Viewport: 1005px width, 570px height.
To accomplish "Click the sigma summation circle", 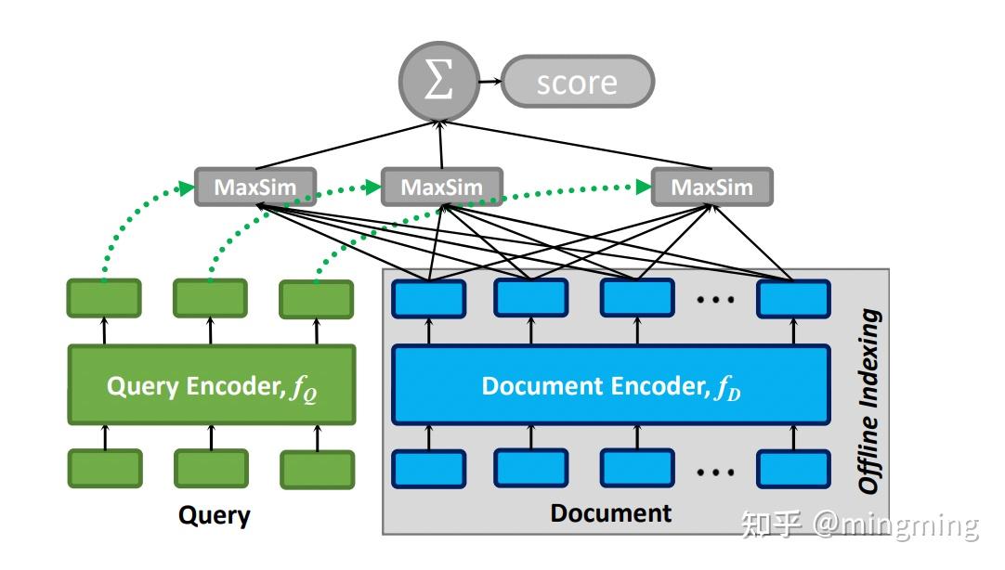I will [x=438, y=82].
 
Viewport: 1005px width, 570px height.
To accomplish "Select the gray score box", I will [x=577, y=83].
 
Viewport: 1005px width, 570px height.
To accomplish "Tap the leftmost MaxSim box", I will [x=255, y=187].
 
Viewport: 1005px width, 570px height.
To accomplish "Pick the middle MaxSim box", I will [x=441, y=187].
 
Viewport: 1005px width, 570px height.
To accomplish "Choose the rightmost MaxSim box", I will [x=711, y=187].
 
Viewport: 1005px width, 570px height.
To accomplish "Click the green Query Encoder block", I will [x=212, y=386].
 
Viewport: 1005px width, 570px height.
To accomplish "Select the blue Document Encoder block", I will [x=610, y=386].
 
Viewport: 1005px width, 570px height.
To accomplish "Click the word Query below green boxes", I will [x=215, y=515].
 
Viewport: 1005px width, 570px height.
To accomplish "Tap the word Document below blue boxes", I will [x=610, y=512].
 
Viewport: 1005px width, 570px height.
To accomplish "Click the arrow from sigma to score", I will [x=489, y=82].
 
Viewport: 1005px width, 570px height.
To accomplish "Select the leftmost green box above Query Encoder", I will [x=104, y=298].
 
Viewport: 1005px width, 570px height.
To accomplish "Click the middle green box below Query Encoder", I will [x=211, y=469].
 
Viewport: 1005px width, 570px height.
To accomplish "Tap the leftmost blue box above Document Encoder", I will [x=428, y=298].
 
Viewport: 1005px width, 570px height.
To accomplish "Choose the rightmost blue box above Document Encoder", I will [x=792, y=298].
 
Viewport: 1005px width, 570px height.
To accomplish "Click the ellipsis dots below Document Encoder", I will [x=715, y=472].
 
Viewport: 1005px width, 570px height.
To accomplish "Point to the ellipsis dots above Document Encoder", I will [x=715, y=299].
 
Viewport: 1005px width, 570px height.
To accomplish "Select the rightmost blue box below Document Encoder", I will [x=792, y=469].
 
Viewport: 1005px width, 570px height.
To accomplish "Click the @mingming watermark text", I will [x=896, y=525].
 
